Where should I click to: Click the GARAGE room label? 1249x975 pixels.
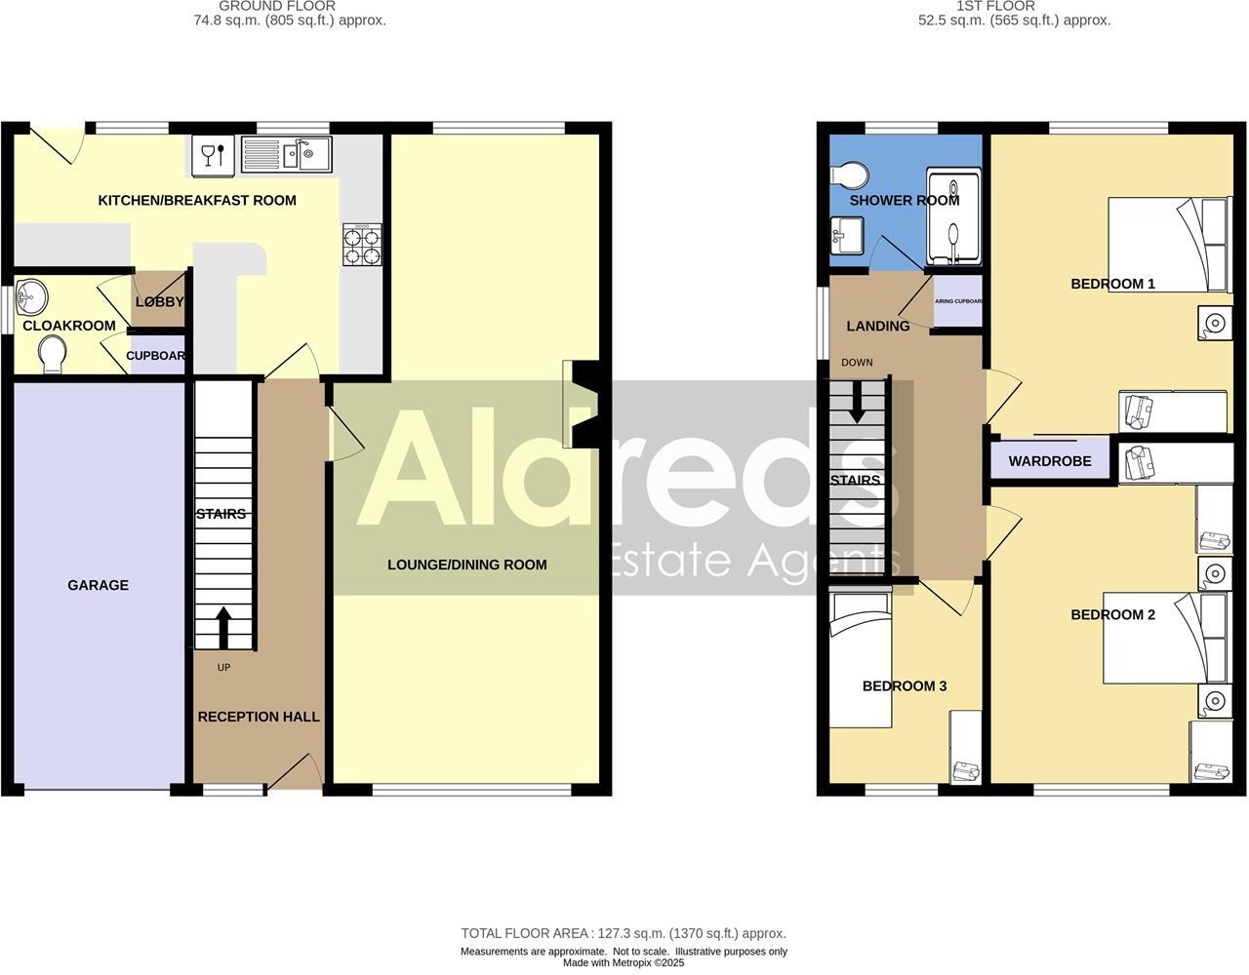[x=98, y=585]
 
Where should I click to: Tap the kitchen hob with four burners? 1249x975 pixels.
[x=362, y=245]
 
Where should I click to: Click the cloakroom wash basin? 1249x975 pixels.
[x=32, y=293]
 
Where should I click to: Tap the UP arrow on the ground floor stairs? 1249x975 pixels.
[x=223, y=628]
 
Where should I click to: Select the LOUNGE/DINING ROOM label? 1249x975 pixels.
[x=466, y=565]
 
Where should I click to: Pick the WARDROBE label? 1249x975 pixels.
[x=1050, y=461]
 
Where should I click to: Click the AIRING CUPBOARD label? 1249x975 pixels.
[x=958, y=301]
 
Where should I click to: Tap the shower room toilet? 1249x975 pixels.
[x=849, y=176]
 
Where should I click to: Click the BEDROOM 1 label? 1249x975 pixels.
[x=1112, y=284]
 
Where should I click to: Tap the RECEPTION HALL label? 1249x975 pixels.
[x=259, y=717]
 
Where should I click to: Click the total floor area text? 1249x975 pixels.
[x=624, y=933]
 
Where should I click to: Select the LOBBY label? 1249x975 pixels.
[x=159, y=302]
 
